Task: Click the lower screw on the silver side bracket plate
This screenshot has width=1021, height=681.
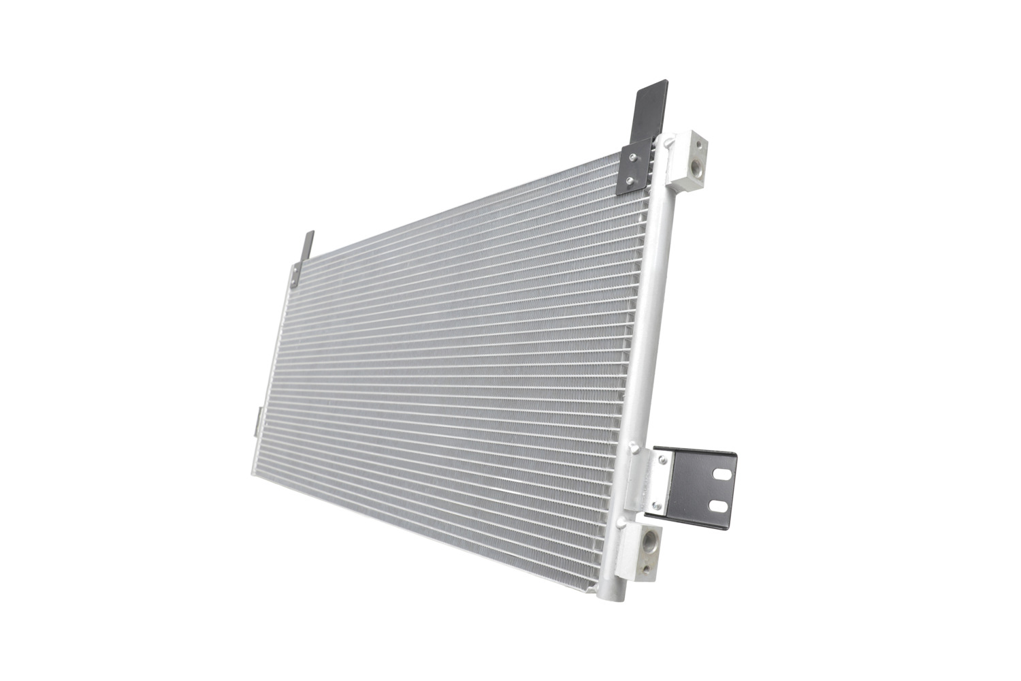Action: pyautogui.click(x=656, y=505)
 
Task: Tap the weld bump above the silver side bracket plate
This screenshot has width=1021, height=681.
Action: pyautogui.click(x=635, y=448)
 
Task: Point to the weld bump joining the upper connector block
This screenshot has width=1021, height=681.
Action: pyautogui.click(x=670, y=140)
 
